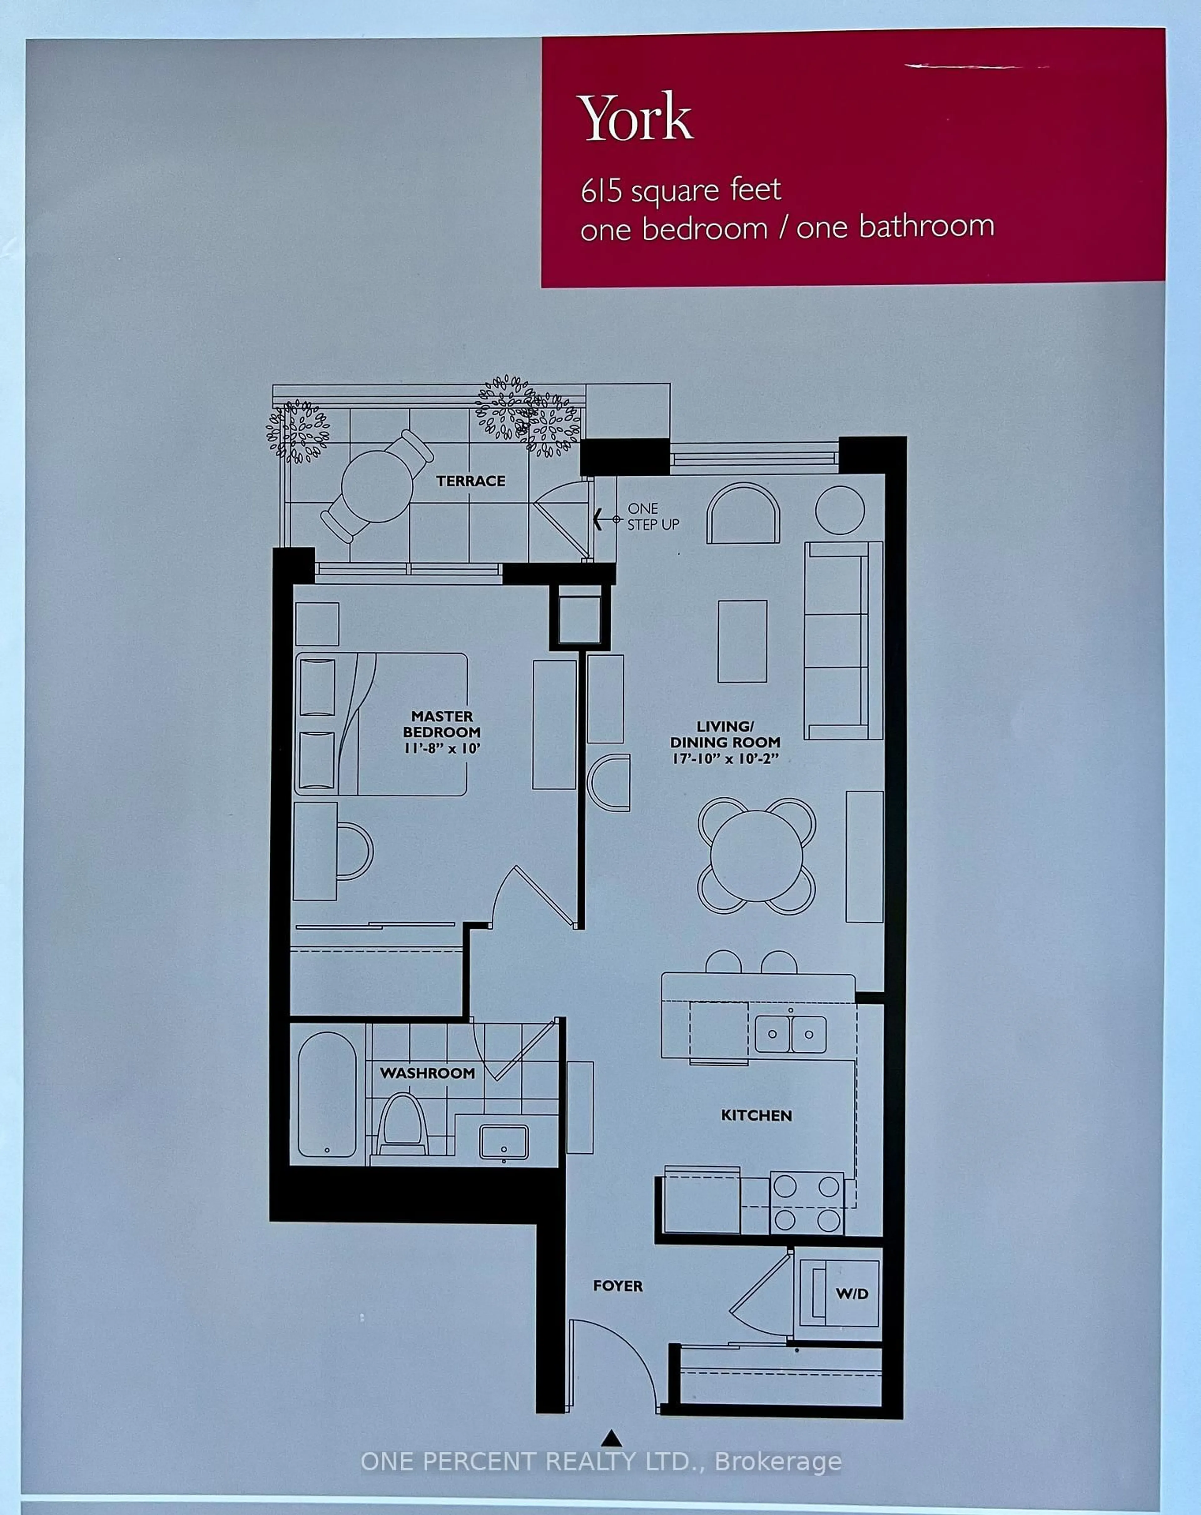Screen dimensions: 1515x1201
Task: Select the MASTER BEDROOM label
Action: tap(441, 724)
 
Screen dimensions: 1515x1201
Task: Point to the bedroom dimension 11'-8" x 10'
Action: tap(441, 748)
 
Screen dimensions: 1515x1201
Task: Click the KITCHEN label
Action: tap(756, 1115)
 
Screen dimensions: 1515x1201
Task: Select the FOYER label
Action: tap(618, 1286)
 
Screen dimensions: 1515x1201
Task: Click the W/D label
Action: tap(852, 1294)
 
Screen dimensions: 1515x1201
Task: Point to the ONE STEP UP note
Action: tap(652, 516)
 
